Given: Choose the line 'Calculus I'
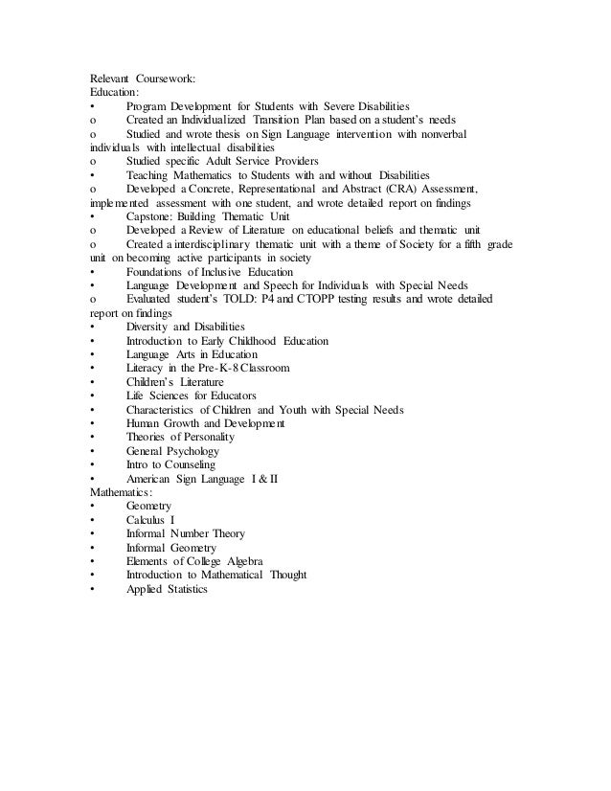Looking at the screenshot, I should [x=152, y=519].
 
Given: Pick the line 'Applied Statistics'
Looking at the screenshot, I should [x=166, y=588].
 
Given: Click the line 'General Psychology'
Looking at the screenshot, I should [x=172, y=450].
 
